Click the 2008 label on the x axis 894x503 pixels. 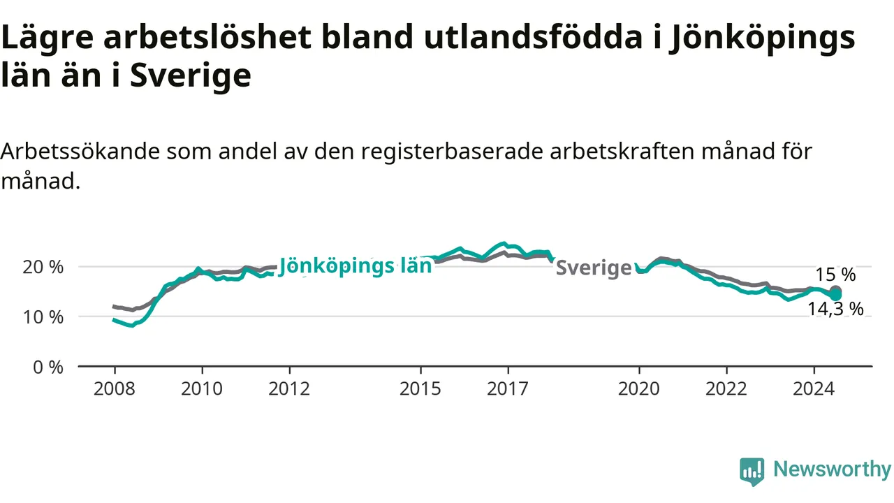click(114, 389)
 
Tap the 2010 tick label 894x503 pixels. click(202, 389)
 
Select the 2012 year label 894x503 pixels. click(289, 389)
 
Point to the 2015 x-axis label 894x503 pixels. click(420, 389)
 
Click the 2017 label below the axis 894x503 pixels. click(508, 389)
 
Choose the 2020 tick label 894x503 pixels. click(639, 389)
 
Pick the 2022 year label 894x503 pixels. click(726, 389)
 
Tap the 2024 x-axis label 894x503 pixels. click(814, 389)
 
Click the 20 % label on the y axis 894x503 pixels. click(43, 267)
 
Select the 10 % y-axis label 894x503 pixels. click(43, 317)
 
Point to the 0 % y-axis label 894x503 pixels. click(48, 367)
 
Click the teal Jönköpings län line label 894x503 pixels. click(356, 266)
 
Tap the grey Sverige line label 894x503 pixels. click(594, 268)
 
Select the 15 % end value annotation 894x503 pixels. click(835, 275)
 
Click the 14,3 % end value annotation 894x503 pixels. click(836, 309)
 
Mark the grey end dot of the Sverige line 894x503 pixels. click(835, 291)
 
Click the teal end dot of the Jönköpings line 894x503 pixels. click(835, 296)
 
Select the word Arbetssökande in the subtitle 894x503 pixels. click(80, 152)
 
